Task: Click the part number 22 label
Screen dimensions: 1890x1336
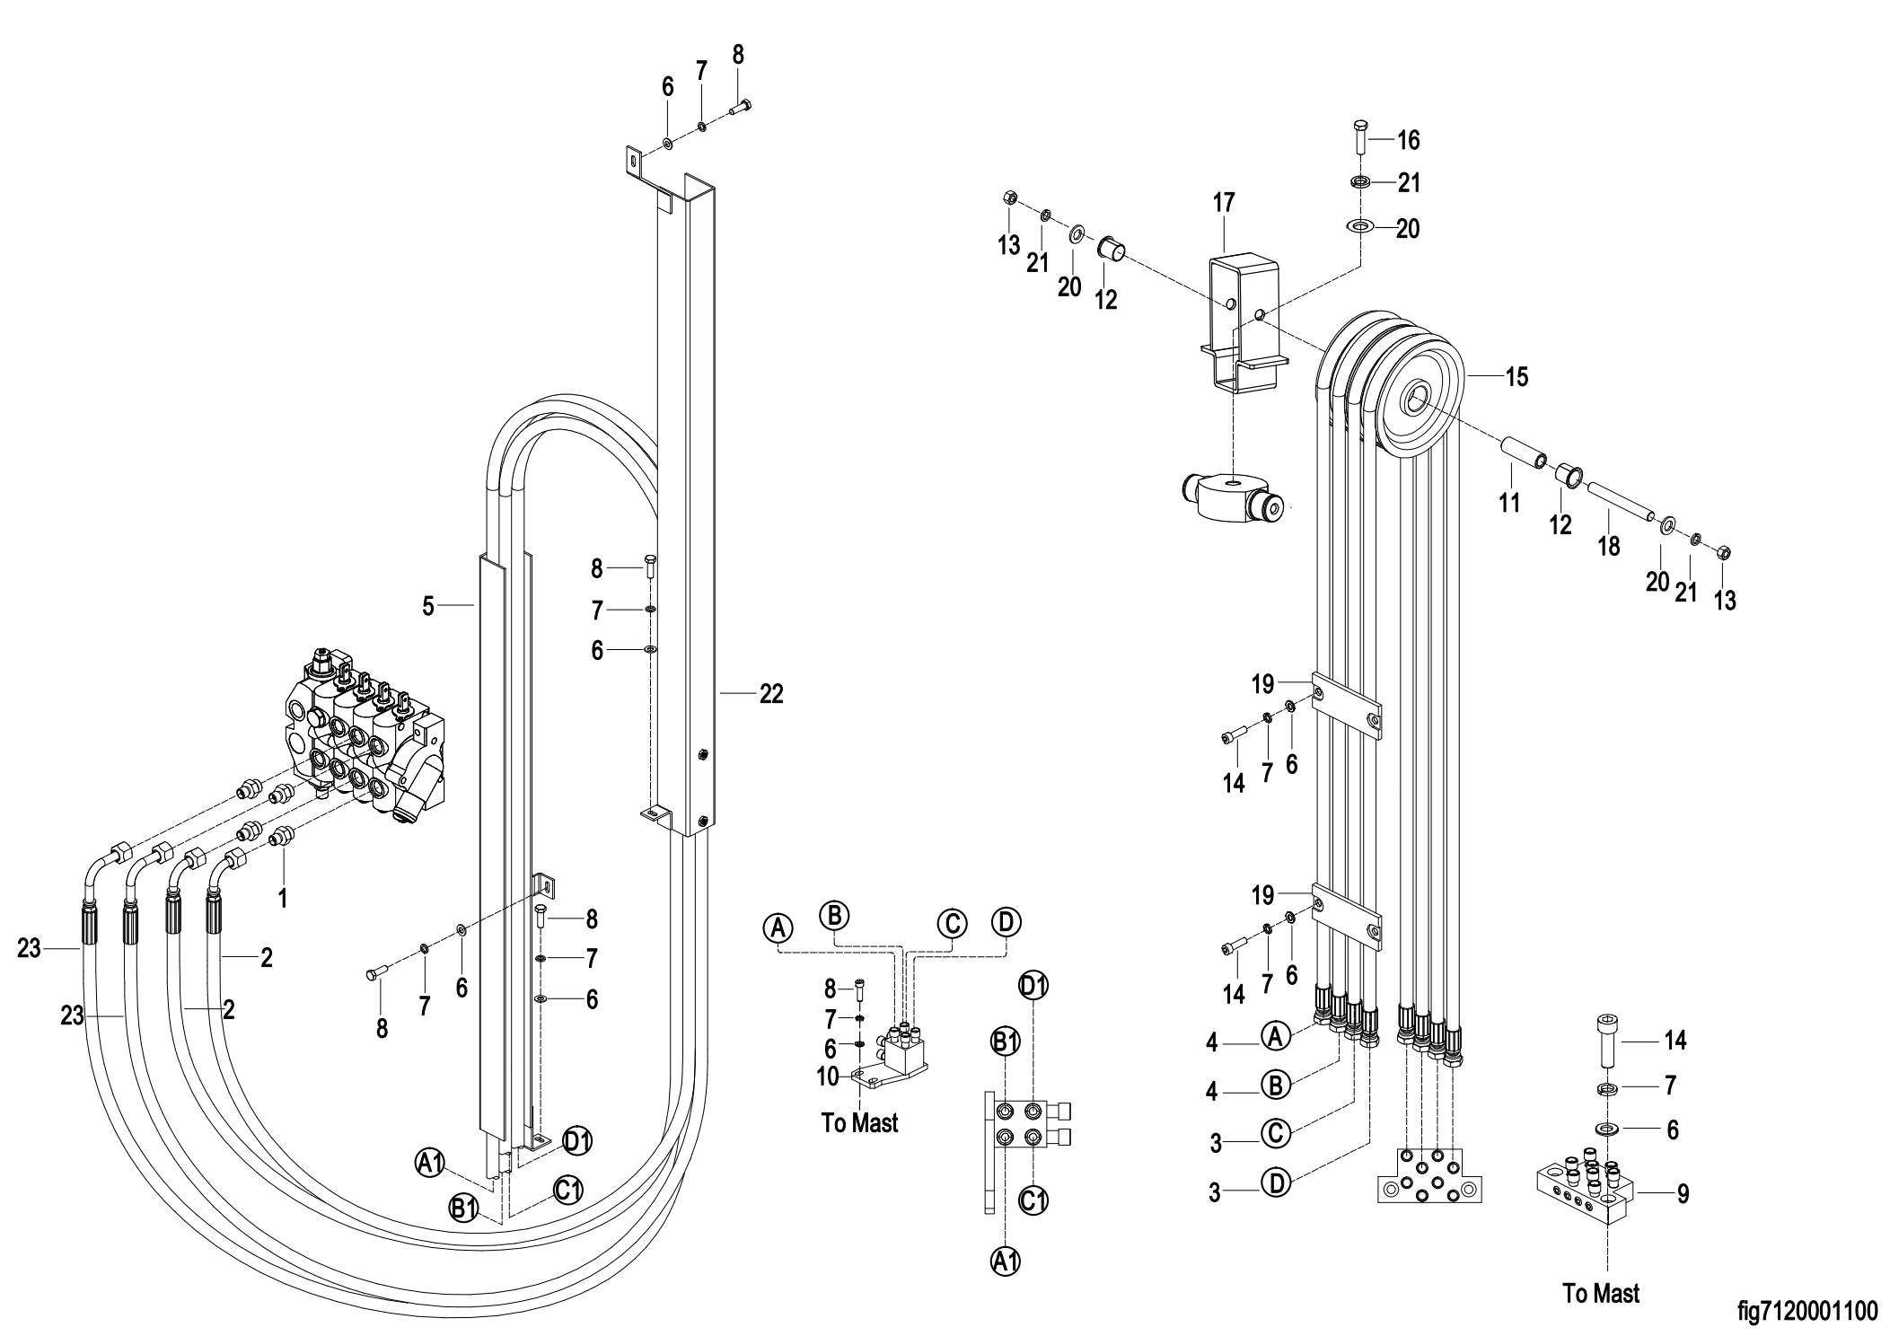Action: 771,693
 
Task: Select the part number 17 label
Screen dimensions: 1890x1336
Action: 1224,203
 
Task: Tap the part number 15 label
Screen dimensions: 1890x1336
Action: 1516,375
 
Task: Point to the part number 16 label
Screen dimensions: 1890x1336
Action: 1408,140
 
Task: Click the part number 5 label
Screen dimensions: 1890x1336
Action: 428,607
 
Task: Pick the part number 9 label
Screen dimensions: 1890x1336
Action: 1683,1193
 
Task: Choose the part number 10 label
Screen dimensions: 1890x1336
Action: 827,1076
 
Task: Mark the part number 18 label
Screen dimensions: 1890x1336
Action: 1609,545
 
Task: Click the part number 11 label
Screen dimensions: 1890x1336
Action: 1509,502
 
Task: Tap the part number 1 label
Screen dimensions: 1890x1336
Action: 283,898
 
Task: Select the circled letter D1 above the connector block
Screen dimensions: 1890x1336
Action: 1033,985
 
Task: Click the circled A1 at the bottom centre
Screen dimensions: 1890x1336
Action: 1005,1261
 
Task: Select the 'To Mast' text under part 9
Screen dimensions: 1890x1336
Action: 1601,1294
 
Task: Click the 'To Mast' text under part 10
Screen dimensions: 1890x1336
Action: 859,1122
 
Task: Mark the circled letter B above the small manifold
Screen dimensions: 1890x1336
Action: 834,915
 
